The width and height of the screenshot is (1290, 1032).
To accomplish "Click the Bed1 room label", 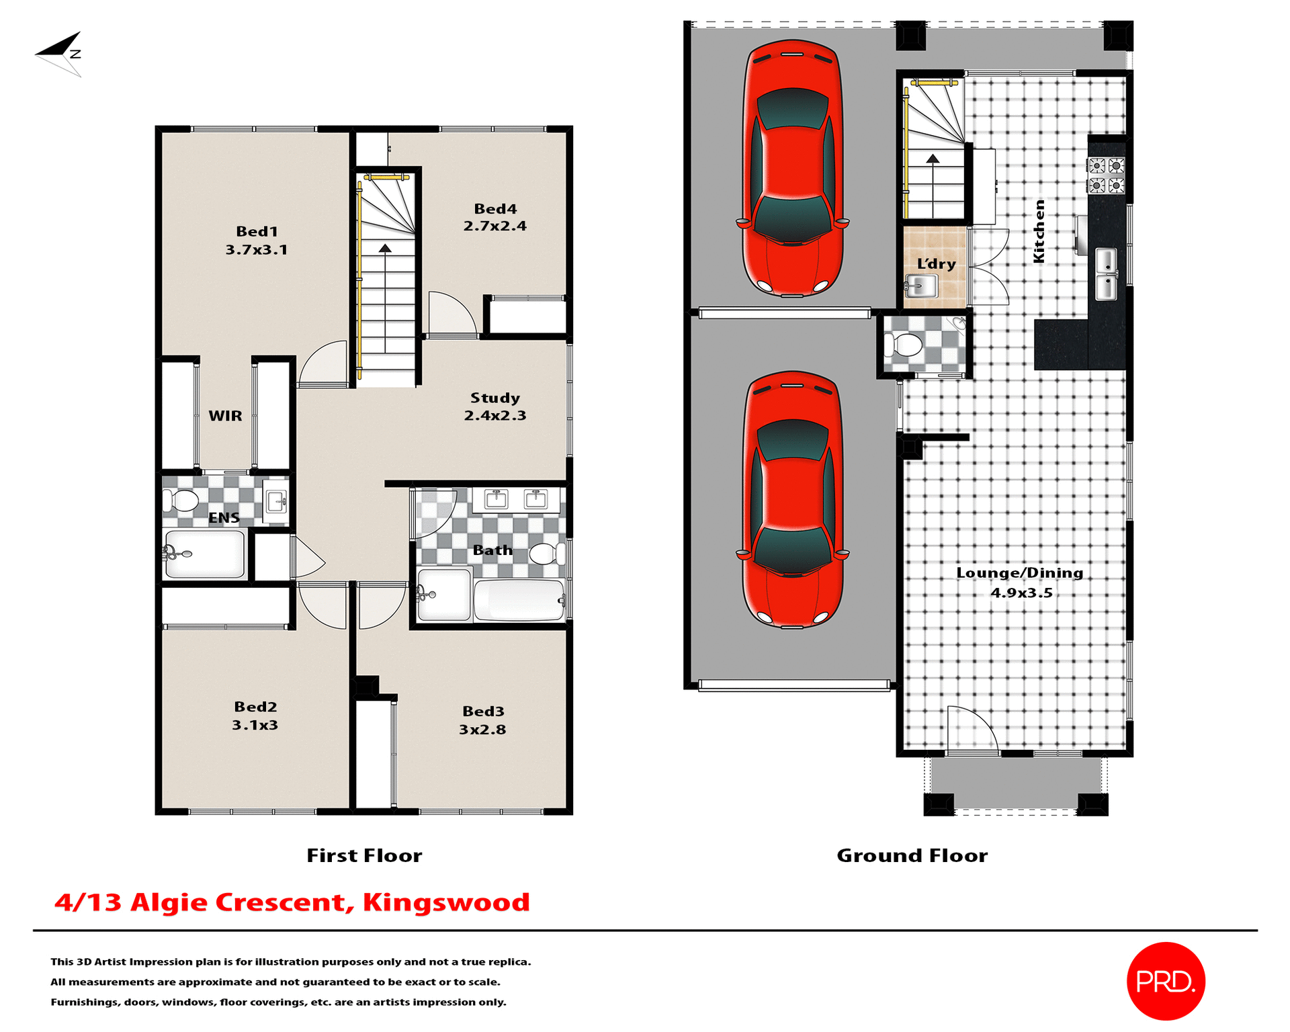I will point(257,232).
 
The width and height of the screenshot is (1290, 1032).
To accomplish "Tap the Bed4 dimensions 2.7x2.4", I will point(494,226).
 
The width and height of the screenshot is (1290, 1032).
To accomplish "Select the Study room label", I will point(494,398).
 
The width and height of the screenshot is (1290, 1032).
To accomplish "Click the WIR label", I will point(225,416).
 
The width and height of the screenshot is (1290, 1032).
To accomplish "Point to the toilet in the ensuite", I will point(181,501).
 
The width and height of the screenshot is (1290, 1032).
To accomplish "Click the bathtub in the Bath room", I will point(519,600).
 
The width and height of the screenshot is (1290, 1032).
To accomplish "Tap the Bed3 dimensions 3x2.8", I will point(482,730).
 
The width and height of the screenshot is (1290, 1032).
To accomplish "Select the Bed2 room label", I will point(255,707).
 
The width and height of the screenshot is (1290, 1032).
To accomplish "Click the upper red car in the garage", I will point(793,168).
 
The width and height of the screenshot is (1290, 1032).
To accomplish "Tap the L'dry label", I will point(937,264).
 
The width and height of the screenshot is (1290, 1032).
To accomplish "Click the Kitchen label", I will point(1039,231).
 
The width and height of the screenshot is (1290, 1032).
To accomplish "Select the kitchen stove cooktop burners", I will point(1107,175).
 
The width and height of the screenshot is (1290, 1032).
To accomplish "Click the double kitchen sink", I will point(1106,274).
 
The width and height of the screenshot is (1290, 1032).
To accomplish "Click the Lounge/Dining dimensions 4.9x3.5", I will point(1021,593).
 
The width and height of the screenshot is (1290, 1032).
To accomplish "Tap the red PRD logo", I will point(1166,981).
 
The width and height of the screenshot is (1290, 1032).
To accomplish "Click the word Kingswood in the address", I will point(446,902).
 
